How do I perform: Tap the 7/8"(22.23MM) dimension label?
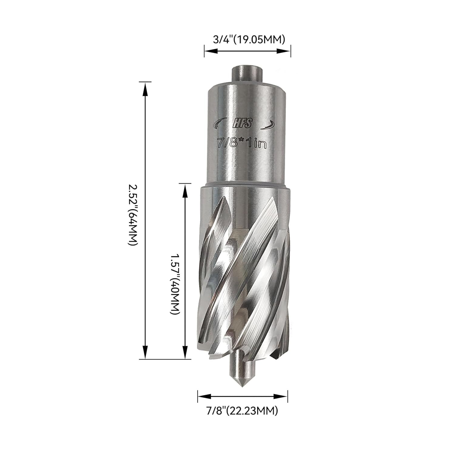(242, 411)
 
